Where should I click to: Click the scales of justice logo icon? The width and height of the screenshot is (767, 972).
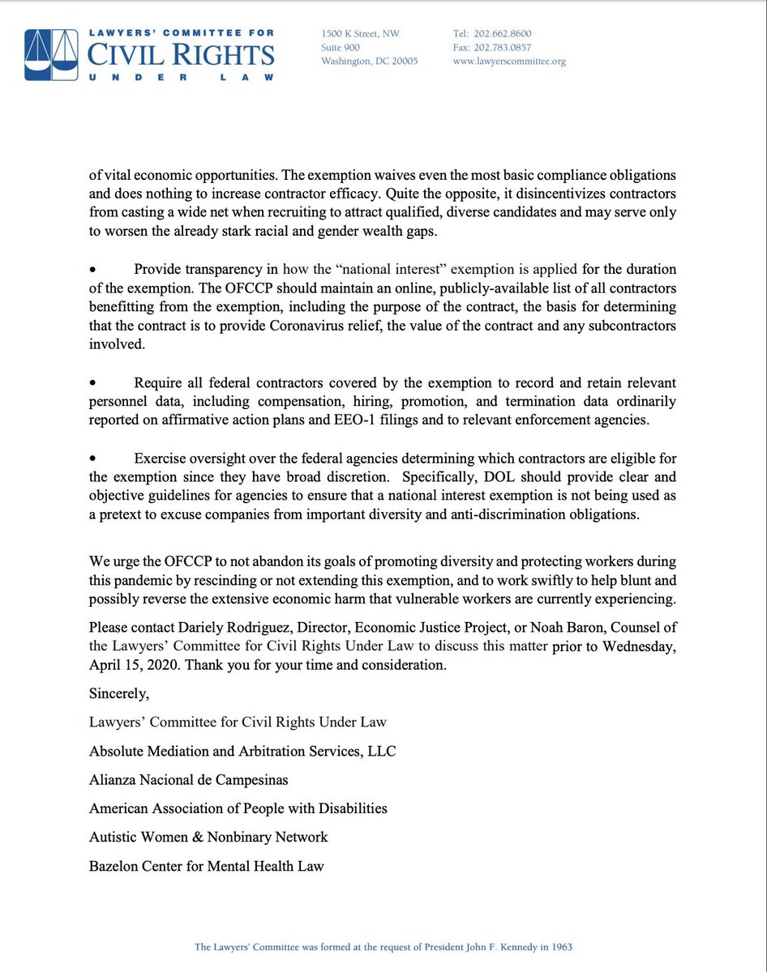pyautogui.click(x=49, y=54)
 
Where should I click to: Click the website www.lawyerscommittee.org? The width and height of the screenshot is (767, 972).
pyautogui.click(x=509, y=61)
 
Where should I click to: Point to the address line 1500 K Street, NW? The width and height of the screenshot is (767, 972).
pyautogui.click(x=360, y=33)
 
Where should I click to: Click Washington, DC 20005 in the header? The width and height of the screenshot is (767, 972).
pyautogui.click(x=369, y=61)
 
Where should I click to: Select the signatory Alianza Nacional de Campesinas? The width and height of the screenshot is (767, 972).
pyautogui.click(x=188, y=779)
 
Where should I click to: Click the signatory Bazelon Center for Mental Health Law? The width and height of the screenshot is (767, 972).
pyautogui.click(x=206, y=865)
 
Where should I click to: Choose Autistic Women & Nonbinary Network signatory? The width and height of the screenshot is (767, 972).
pyautogui.click(x=208, y=837)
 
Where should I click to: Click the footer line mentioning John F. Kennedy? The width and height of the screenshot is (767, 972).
pyautogui.click(x=383, y=946)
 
